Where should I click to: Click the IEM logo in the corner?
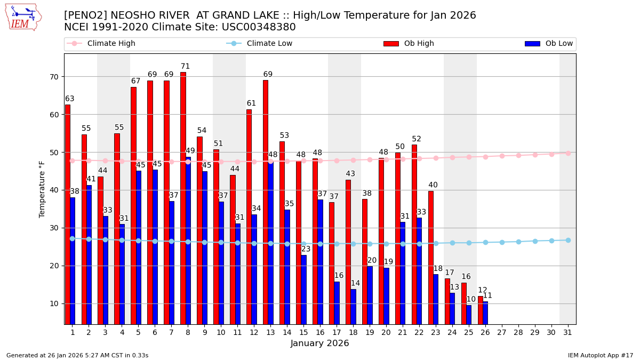[23, 17]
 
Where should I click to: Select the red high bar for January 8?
[183, 197]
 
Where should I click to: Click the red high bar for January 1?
[68, 213]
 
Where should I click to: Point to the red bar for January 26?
[480, 310]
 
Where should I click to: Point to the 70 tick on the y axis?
[54, 77]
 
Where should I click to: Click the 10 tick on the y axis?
[54, 303]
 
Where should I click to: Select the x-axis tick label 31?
[568, 332]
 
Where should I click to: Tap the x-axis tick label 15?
[303, 332]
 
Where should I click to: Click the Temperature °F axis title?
[42, 189]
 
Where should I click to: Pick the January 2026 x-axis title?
[319, 343]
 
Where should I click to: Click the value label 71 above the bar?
[185, 67]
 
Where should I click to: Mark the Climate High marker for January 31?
[568, 153]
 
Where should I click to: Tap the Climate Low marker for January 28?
[518, 242]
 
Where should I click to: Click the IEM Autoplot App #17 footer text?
[601, 355]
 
